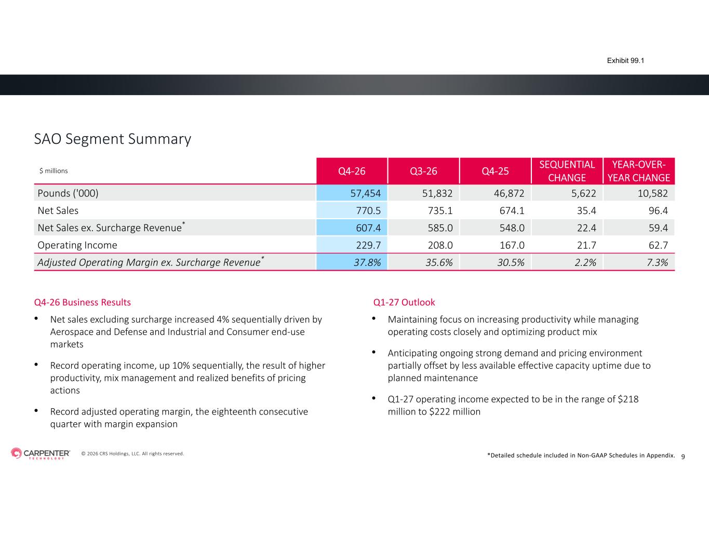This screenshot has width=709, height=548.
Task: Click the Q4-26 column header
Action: (352, 171)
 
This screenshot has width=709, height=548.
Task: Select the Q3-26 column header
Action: (423, 171)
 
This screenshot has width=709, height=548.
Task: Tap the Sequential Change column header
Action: (567, 171)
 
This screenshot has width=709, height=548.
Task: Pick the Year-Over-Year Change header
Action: (638, 171)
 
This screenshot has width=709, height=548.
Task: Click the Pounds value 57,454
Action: (366, 193)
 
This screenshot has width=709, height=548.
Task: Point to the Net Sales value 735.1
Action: (440, 211)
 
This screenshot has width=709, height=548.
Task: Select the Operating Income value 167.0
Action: (512, 245)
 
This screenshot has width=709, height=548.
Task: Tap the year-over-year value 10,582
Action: (652, 193)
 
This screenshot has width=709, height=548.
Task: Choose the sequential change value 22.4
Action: (586, 228)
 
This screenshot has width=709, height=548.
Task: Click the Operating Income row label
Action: (77, 245)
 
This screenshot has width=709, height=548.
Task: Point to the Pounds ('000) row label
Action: (68, 193)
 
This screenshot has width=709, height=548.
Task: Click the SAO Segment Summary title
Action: (113, 139)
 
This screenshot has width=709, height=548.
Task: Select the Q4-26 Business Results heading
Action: (82, 302)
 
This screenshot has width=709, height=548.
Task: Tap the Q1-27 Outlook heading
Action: (404, 302)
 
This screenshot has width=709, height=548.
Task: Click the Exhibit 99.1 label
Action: (625, 61)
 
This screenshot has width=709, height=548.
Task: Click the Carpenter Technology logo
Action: (41, 453)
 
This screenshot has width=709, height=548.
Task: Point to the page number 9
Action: (683, 457)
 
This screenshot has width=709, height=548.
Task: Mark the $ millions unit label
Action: (53, 171)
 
